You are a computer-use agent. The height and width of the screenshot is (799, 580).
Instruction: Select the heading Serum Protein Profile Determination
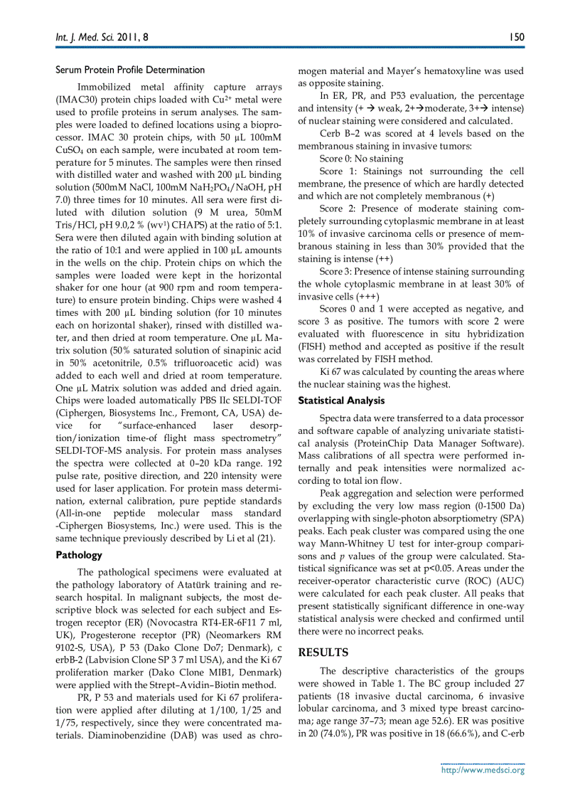[x=130, y=70]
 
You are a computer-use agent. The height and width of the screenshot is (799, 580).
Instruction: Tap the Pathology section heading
[x=79, y=555]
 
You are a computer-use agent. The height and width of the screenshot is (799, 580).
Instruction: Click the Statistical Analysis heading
[x=341, y=401]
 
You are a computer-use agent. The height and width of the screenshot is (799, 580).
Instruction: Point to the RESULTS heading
[x=323, y=652]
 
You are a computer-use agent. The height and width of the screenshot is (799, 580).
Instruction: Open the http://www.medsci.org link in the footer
[x=483, y=769]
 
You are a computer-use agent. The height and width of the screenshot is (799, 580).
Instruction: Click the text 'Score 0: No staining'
[x=361, y=159]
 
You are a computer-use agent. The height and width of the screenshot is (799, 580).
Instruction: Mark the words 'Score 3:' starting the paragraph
[x=339, y=271]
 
